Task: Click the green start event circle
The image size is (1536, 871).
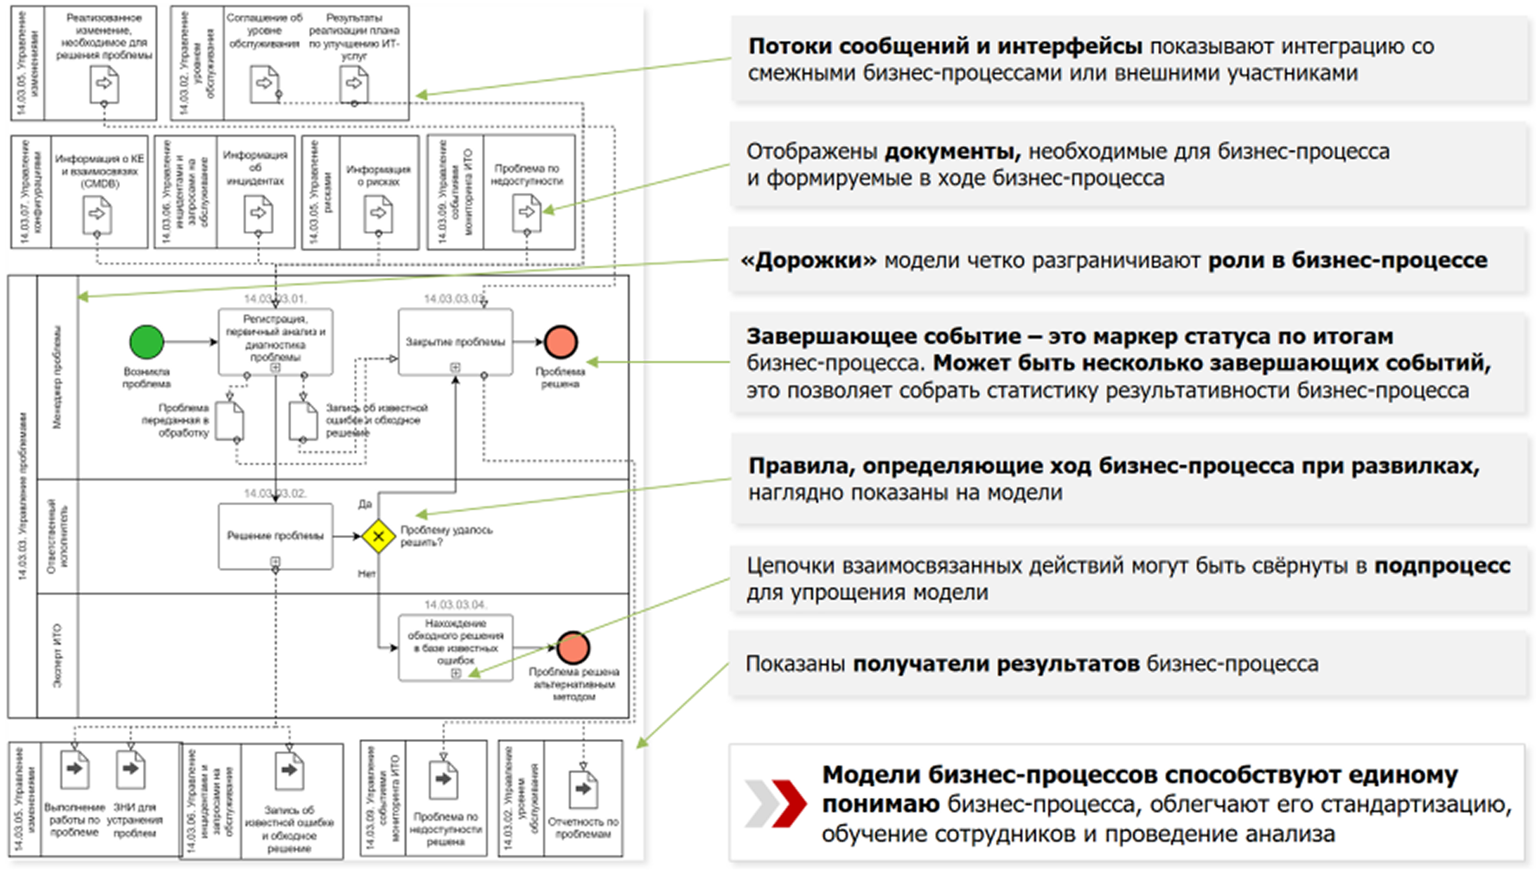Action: (x=146, y=342)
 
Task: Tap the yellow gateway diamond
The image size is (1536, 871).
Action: (x=378, y=535)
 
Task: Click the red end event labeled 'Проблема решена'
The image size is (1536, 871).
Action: (x=560, y=342)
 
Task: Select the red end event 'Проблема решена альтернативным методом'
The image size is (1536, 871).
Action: (x=573, y=647)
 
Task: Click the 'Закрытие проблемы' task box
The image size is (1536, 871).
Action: (x=455, y=342)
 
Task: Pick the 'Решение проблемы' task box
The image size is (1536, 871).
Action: (x=275, y=535)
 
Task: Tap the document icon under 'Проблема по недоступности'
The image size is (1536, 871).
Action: (x=526, y=213)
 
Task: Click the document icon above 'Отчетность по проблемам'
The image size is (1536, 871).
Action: (x=582, y=789)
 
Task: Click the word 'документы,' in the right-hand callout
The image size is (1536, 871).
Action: (x=953, y=152)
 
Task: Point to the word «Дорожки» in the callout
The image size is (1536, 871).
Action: (x=808, y=261)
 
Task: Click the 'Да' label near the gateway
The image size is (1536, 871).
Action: (x=364, y=503)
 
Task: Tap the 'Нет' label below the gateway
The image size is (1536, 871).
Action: (x=366, y=574)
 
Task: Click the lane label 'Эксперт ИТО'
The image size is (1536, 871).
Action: (x=58, y=656)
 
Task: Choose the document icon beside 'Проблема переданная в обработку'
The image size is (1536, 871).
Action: (x=229, y=421)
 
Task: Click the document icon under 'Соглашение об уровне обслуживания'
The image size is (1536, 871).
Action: (x=264, y=84)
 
